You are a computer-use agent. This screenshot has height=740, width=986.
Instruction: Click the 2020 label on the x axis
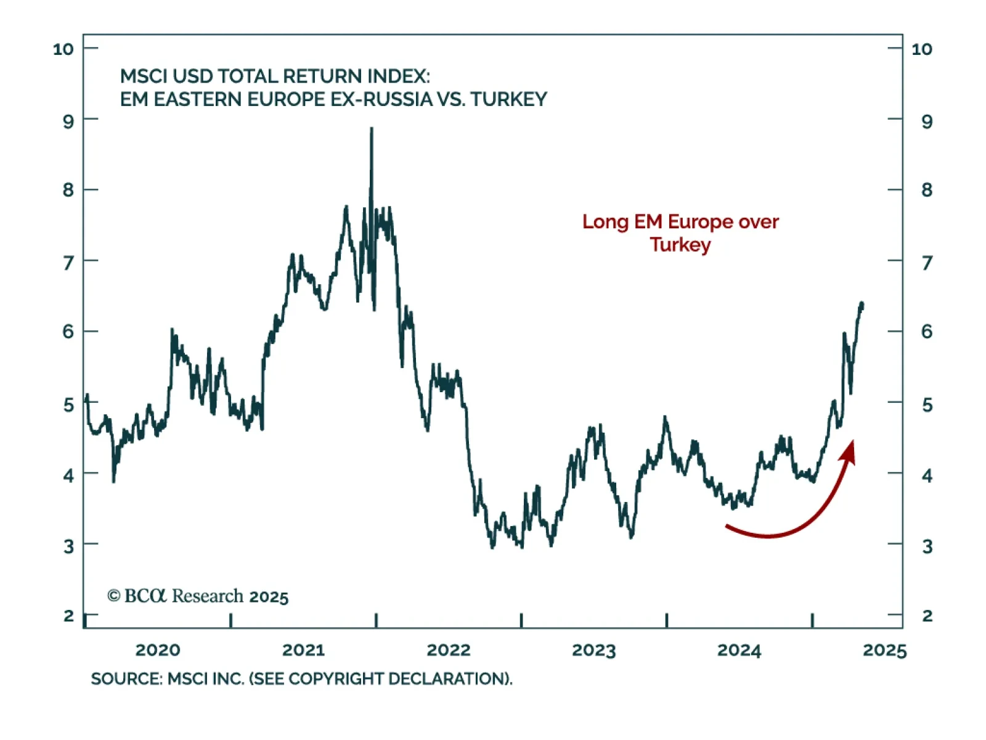[158, 650]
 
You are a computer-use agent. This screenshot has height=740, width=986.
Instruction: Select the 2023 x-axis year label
[594, 650]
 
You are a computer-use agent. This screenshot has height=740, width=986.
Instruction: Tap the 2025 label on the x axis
[885, 650]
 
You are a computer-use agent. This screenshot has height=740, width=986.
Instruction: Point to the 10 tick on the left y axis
[63, 49]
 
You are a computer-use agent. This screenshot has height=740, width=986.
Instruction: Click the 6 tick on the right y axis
[927, 332]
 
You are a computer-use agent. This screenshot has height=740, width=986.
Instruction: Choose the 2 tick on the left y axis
[68, 615]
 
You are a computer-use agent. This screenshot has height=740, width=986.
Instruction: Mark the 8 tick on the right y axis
[927, 190]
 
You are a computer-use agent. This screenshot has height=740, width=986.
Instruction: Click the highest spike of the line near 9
[372, 129]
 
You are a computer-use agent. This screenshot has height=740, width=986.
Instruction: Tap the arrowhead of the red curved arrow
[850, 449]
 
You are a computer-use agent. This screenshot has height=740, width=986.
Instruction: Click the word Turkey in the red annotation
[680, 245]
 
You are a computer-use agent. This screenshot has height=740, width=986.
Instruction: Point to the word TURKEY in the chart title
[508, 99]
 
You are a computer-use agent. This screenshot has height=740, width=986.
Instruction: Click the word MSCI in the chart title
[144, 76]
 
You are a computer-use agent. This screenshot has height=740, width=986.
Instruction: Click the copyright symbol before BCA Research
[113, 596]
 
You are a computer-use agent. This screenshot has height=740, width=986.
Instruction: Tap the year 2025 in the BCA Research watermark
[269, 597]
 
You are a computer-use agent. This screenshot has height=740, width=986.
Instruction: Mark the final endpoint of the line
[862, 304]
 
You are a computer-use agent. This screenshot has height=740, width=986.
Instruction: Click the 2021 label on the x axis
[303, 650]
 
